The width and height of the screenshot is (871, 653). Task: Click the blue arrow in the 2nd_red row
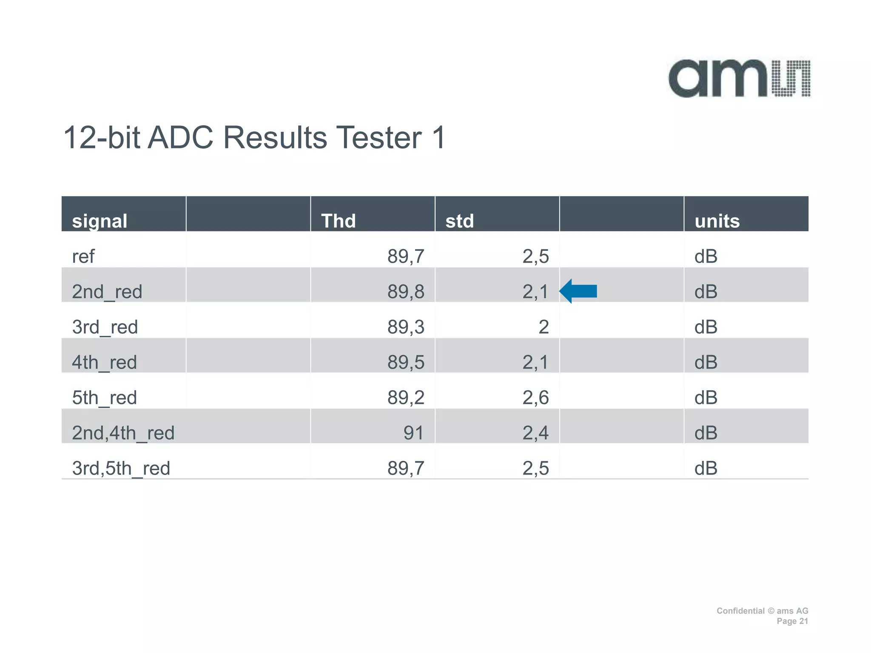pyautogui.click(x=578, y=291)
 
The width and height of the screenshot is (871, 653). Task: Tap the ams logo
pyautogui.click(x=739, y=79)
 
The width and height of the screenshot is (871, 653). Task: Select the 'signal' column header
pyautogui.click(x=100, y=221)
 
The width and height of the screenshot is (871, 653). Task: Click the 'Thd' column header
pyautogui.click(x=338, y=221)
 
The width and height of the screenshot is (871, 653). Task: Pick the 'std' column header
pyautogui.click(x=459, y=221)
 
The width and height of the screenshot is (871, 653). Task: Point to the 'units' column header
pyautogui.click(x=717, y=221)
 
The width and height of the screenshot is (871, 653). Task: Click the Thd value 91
pyautogui.click(x=413, y=433)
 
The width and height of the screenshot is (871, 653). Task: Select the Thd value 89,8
pyautogui.click(x=405, y=292)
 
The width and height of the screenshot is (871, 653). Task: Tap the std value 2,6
pyautogui.click(x=535, y=397)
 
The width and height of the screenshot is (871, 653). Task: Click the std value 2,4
pyautogui.click(x=535, y=433)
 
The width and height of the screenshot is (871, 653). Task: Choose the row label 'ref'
pyautogui.click(x=83, y=256)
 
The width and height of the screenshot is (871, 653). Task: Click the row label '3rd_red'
pyautogui.click(x=105, y=327)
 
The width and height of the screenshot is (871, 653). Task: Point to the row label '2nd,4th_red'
pyautogui.click(x=123, y=433)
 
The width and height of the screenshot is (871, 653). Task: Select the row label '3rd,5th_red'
pyautogui.click(x=121, y=468)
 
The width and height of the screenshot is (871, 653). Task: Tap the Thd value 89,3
pyautogui.click(x=405, y=327)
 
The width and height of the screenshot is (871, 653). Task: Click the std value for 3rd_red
pyautogui.click(x=543, y=327)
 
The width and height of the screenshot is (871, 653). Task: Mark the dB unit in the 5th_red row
pyautogui.click(x=706, y=397)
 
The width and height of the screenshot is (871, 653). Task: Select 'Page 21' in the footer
pyautogui.click(x=792, y=621)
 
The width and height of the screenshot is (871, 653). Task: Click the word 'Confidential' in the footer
pyautogui.click(x=740, y=611)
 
